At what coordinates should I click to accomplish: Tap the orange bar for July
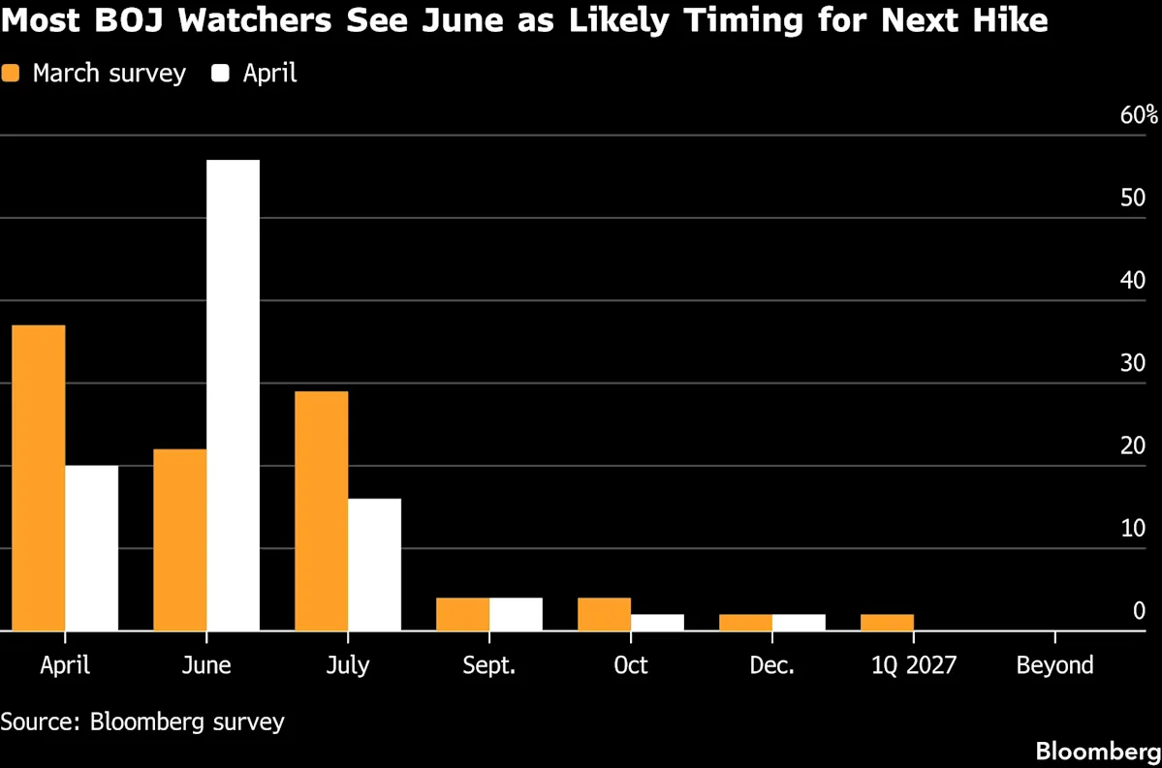click(x=321, y=510)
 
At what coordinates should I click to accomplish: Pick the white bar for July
click(x=374, y=565)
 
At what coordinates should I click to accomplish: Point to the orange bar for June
click(x=179, y=539)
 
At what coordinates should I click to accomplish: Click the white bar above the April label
click(x=91, y=548)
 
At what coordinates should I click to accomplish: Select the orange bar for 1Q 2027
click(x=887, y=623)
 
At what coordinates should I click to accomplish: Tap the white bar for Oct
click(x=657, y=623)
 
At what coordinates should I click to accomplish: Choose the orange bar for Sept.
click(x=462, y=614)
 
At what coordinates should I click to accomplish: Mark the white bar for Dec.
click(x=799, y=623)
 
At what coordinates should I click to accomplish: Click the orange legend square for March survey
click(x=11, y=74)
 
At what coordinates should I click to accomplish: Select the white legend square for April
click(x=220, y=74)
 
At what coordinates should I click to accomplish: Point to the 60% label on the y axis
click(x=1139, y=115)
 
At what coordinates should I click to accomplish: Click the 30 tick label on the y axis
click(x=1133, y=363)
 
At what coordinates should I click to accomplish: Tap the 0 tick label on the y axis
click(x=1139, y=611)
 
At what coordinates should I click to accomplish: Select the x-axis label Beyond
click(x=1054, y=665)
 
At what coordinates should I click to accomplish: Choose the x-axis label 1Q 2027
click(x=913, y=665)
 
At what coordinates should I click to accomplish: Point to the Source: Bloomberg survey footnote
click(x=142, y=722)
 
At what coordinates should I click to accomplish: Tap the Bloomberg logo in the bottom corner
click(x=1097, y=752)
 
